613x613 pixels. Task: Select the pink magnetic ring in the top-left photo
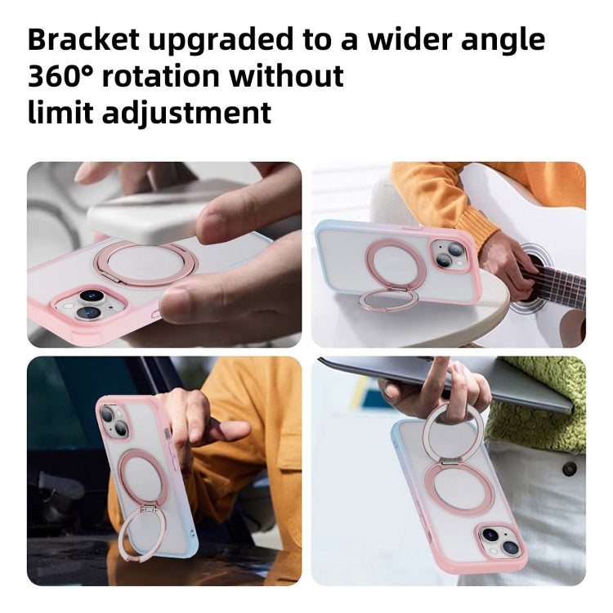tap(142, 263)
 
